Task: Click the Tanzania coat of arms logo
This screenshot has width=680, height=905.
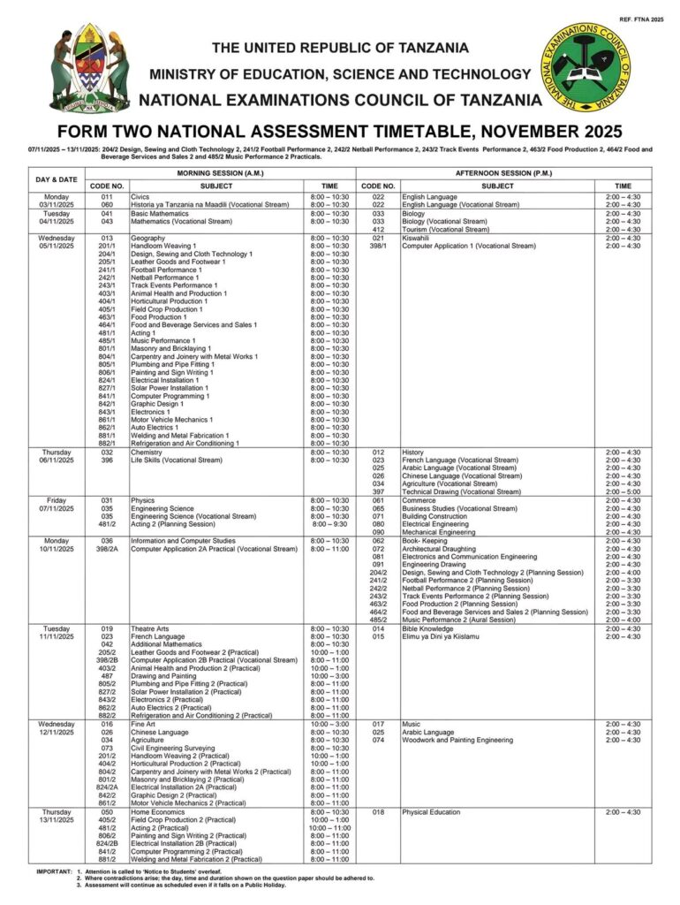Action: click(x=89, y=67)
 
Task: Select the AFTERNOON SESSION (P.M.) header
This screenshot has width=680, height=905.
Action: click(x=505, y=173)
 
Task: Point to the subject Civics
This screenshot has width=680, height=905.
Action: click(x=140, y=196)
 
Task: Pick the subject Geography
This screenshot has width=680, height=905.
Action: click(x=147, y=238)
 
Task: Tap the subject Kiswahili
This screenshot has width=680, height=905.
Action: click(x=415, y=238)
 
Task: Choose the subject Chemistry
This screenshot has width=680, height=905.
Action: click(x=147, y=452)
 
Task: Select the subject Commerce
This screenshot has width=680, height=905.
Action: click(x=419, y=500)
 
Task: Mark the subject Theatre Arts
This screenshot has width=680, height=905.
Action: click(x=150, y=629)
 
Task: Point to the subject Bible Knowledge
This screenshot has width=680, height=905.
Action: click(x=427, y=629)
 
